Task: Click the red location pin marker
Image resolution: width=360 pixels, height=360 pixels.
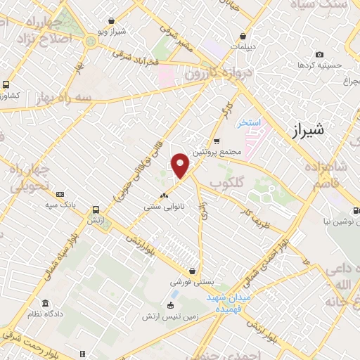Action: (181, 165)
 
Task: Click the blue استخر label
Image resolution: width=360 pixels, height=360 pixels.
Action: (249, 122)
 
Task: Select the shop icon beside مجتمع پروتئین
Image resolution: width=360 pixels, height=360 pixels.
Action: (217, 141)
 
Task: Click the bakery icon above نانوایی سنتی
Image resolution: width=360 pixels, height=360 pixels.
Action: (164, 195)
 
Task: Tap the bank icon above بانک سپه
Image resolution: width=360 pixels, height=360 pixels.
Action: (60, 194)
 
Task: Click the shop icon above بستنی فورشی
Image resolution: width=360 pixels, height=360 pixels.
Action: (192, 271)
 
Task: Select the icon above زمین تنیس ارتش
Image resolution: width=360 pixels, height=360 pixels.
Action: (169, 304)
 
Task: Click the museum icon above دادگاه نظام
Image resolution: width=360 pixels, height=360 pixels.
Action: (46, 303)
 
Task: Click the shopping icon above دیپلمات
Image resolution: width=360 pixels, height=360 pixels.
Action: (243, 36)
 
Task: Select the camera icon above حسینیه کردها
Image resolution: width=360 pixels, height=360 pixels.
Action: (320, 54)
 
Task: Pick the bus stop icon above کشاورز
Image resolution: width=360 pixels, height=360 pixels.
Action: (6, 84)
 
